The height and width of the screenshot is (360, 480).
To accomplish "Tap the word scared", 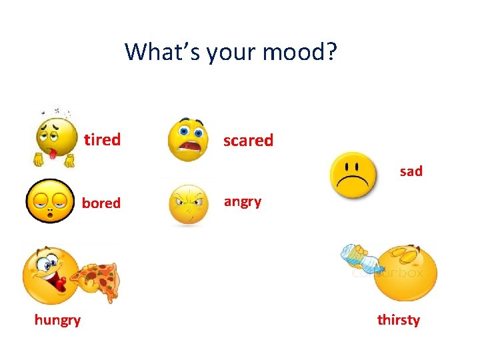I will pyautogui.click(x=248, y=141).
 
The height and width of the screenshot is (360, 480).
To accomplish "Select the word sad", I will pyautogui.click(x=411, y=171).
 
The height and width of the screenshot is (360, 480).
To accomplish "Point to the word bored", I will pyautogui.click(x=101, y=203).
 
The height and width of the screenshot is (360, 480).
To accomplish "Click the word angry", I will pyautogui.click(x=243, y=201).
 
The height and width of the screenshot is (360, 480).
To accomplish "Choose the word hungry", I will pyautogui.click(x=57, y=320).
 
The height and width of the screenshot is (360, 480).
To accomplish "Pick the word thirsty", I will pyautogui.click(x=398, y=320).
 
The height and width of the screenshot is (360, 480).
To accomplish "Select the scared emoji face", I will pyautogui.click(x=188, y=140).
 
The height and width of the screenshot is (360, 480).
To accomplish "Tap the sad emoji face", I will pyautogui.click(x=354, y=175).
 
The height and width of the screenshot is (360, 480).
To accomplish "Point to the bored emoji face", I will pyautogui.click(x=50, y=201).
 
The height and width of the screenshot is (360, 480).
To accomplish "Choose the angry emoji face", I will pyautogui.click(x=189, y=204).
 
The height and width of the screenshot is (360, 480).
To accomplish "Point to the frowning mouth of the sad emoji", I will pyautogui.click(x=354, y=184).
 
